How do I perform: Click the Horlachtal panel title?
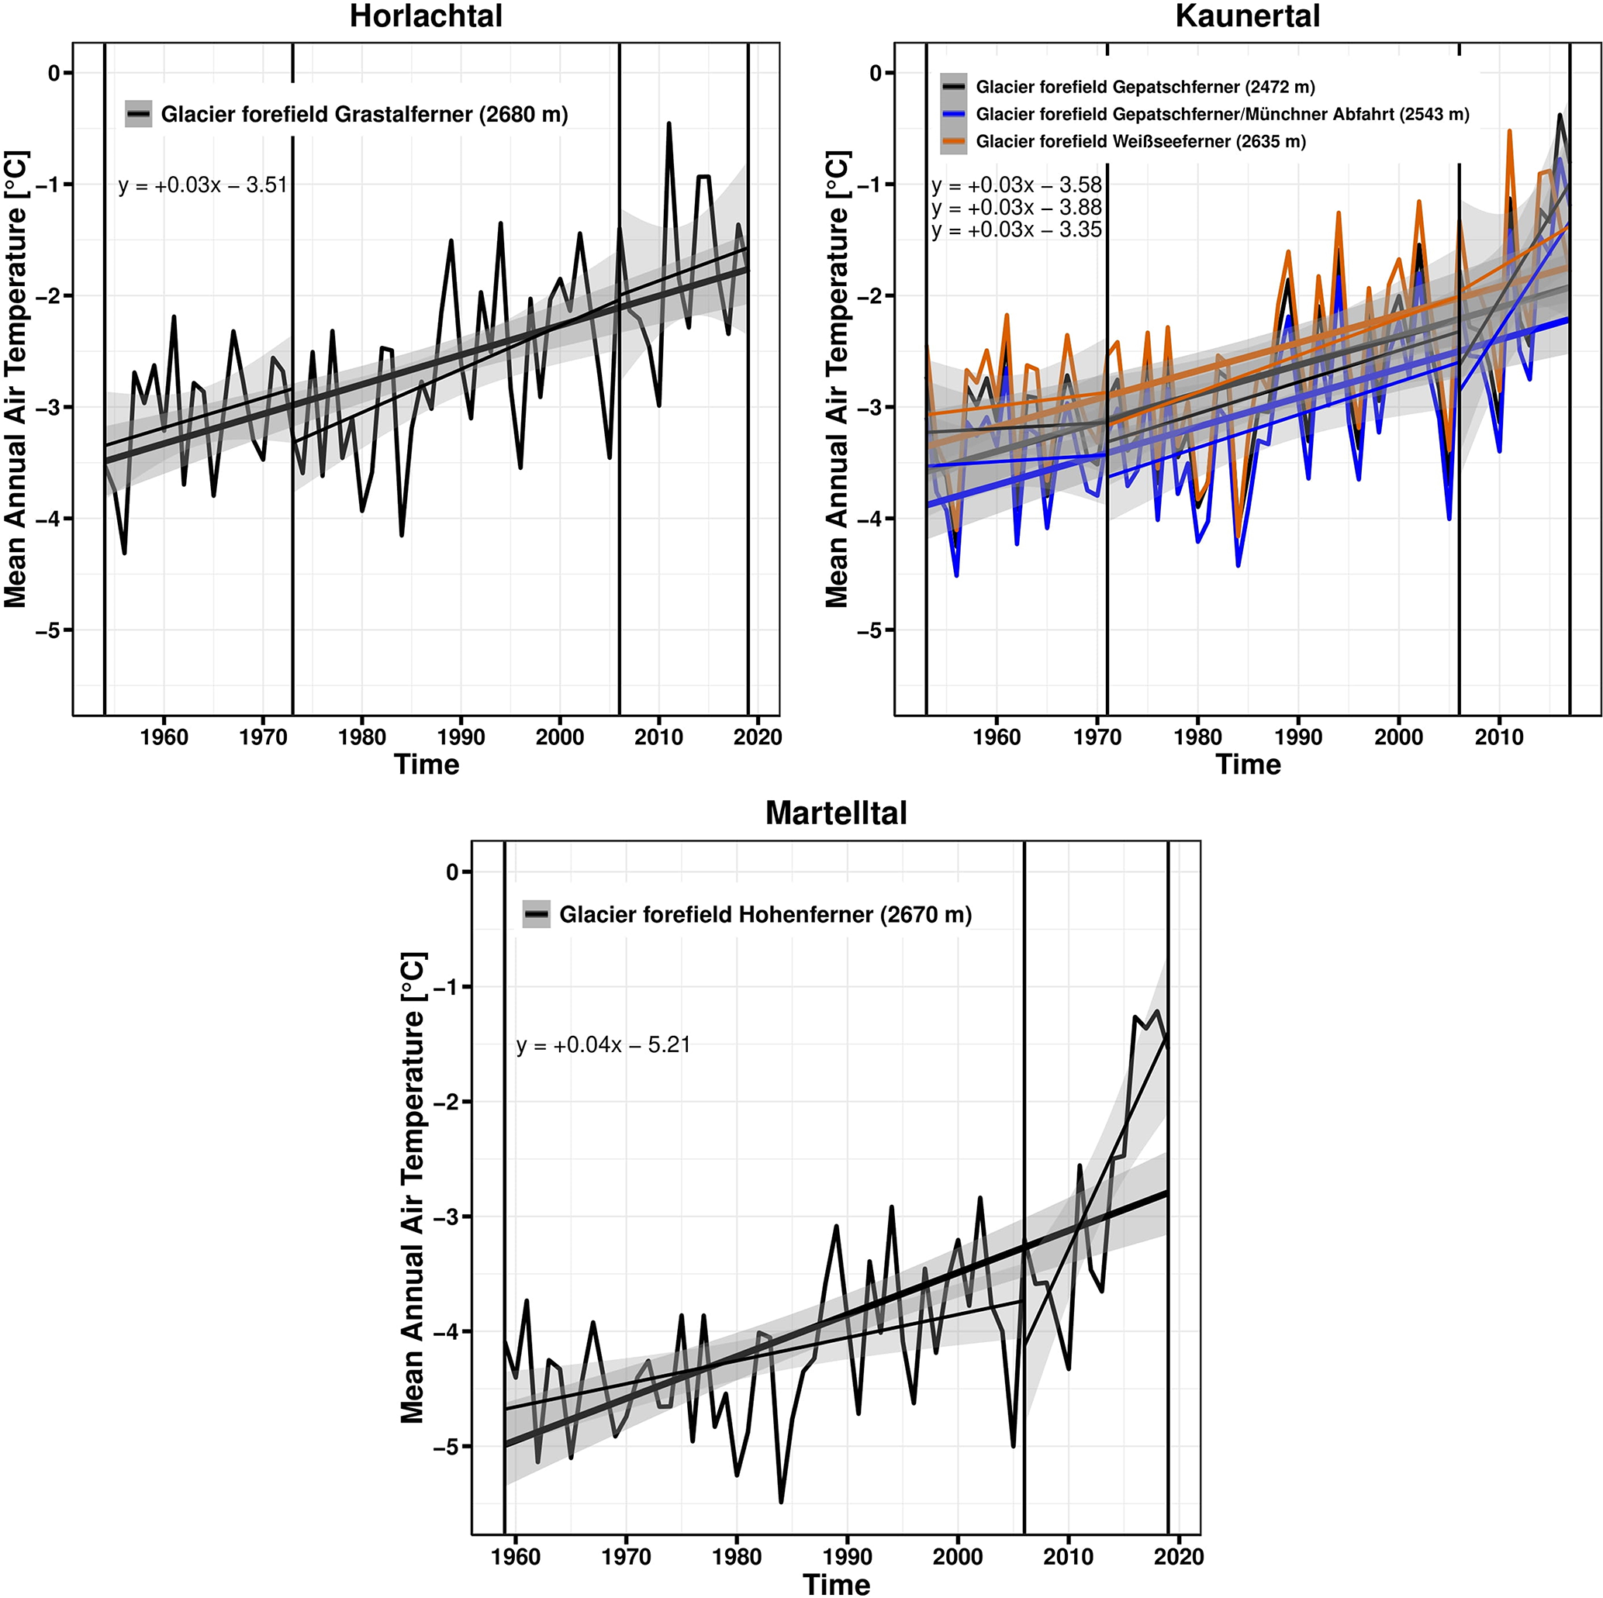426,16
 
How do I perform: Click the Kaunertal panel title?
1247,16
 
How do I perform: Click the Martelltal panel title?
835,813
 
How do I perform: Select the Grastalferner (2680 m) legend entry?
364,115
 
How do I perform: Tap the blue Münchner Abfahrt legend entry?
1221,115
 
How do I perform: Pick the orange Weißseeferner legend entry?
1140,142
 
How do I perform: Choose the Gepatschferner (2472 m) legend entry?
1144,87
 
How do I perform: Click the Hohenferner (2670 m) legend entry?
764,914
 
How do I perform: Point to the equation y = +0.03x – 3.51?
202,185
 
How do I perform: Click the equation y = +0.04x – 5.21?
603,1044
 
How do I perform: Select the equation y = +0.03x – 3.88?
1017,208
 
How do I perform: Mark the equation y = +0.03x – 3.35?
1017,230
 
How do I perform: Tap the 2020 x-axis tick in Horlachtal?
758,737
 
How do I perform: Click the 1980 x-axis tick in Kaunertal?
1197,737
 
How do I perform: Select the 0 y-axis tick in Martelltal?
452,872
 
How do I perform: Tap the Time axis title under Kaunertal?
1247,764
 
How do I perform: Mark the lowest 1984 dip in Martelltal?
781,1501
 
